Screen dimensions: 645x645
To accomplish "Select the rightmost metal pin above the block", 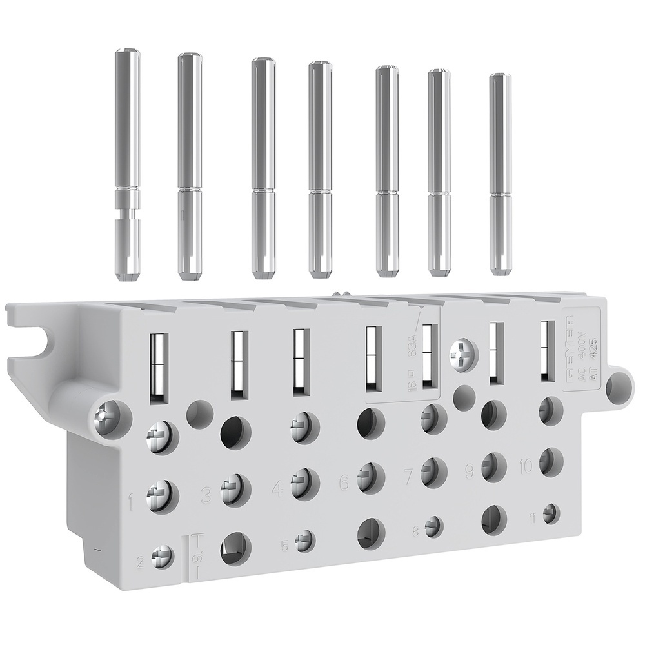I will pyautogui.click(x=500, y=175).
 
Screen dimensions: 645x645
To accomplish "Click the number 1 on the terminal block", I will pyautogui.click(x=132, y=499).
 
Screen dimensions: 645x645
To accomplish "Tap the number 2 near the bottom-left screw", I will pyautogui.click(x=139, y=560).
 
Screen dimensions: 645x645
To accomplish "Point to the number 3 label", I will pyautogui.click(x=206, y=495).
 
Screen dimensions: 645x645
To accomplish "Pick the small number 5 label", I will pyautogui.click(x=284, y=546).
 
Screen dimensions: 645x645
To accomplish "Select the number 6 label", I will pyautogui.click(x=344, y=482).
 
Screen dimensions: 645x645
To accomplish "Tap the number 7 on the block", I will pyautogui.click(x=408, y=477).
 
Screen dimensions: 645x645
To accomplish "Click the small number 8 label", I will pyautogui.click(x=415, y=531).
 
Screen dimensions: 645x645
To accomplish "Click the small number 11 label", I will pyautogui.click(x=531, y=517).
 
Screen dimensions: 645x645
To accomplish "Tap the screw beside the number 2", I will pyautogui.click(x=161, y=555).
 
